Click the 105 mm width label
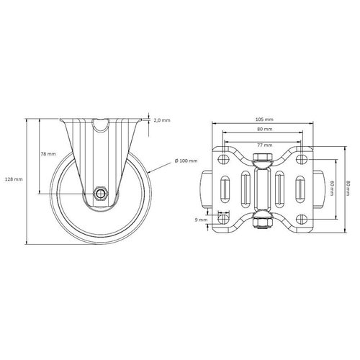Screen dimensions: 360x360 (x=264, y=119)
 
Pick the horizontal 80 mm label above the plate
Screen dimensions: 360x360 (x=264, y=130)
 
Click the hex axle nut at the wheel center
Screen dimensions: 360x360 (x=102, y=194)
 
